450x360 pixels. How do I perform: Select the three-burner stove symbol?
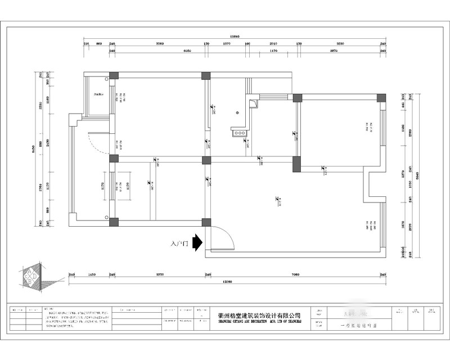coord(238,133)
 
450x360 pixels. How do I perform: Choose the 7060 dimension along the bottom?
coord(295,275)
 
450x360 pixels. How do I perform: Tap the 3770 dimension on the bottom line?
coord(160,275)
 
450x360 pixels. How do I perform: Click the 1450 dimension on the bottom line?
coord(92,275)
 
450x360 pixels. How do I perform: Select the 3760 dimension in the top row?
coord(159,43)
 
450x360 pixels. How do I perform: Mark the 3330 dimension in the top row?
coord(340,43)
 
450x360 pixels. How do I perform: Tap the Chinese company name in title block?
coord(259,316)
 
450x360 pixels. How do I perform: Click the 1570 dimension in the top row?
coord(227,43)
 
